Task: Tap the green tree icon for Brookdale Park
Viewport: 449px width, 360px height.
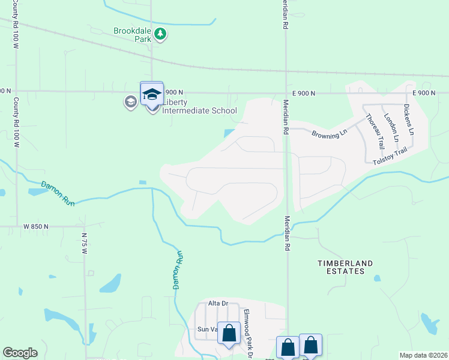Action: pyautogui.click(x=160, y=34)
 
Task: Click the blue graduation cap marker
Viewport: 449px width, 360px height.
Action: pyautogui.click(x=152, y=95)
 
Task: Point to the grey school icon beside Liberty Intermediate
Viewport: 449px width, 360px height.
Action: pyautogui.click(x=130, y=102)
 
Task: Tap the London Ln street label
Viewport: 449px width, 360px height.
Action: pyautogui.click(x=391, y=127)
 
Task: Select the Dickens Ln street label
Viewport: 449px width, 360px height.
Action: pyautogui.click(x=409, y=120)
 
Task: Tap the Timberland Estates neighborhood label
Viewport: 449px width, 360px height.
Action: pyautogui.click(x=345, y=267)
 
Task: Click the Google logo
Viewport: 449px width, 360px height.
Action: pyautogui.click(x=20, y=353)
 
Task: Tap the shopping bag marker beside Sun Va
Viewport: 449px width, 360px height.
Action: pyautogui.click(x=229, y=334)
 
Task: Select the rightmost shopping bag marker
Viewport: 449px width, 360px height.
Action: pyautogui.click(x=310, y=346)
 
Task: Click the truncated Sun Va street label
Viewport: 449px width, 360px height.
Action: pyautogui.click(x=207, y=329)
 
